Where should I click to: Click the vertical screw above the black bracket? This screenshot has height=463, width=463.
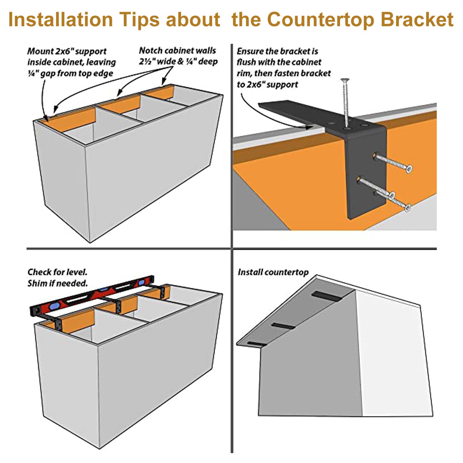point(345,102)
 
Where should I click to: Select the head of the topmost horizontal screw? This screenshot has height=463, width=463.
point(409,169)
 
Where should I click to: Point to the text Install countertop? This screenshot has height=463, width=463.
point(273,272)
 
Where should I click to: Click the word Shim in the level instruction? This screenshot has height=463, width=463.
point(37,283)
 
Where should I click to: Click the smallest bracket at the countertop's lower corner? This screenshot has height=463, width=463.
point(256,344)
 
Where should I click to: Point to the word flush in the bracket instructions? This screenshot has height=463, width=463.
point(246,62)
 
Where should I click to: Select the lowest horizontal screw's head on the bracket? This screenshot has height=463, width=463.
point(407,208)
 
